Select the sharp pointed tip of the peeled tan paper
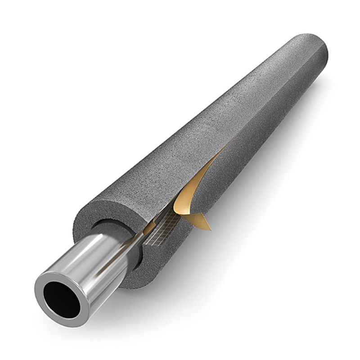[x=210, y=228]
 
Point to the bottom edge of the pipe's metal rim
[x=67, y=322]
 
